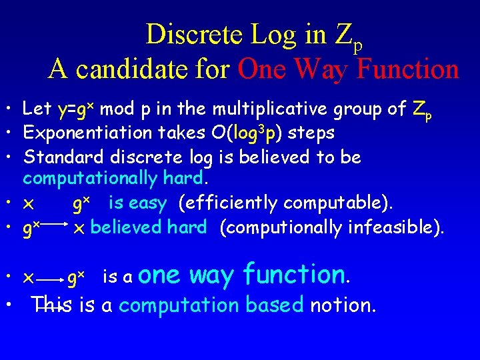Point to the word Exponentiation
coord(88,133)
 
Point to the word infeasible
coord(396,227)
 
